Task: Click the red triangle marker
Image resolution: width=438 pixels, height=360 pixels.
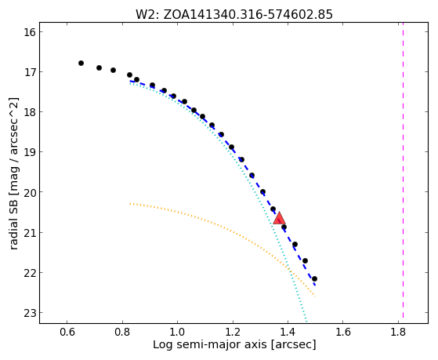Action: (279, 218)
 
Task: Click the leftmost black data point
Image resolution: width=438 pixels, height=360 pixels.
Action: (81, 64)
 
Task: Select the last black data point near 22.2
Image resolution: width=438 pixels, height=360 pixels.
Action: (314, 278)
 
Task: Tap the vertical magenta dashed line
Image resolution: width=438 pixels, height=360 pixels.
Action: (403, 170)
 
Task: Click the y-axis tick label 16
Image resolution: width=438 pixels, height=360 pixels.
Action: (29, 32)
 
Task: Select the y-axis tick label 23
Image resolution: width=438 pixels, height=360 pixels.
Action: (29, 313)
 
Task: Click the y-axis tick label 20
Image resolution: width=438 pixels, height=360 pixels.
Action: (29, 192)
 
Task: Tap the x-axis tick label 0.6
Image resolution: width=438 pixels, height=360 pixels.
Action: (67, 332)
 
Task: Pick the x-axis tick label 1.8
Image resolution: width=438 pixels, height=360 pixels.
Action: (398, 332)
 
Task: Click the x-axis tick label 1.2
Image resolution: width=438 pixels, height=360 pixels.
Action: (233, 332)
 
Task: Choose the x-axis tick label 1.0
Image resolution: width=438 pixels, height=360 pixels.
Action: (177, 332)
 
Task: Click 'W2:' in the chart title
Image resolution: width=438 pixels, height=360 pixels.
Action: (147, 15)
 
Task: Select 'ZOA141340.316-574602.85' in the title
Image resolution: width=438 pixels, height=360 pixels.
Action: (248, 15)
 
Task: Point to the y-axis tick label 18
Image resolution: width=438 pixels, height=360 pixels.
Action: (29, 112)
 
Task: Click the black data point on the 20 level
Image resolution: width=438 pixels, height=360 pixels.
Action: (262, 192)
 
